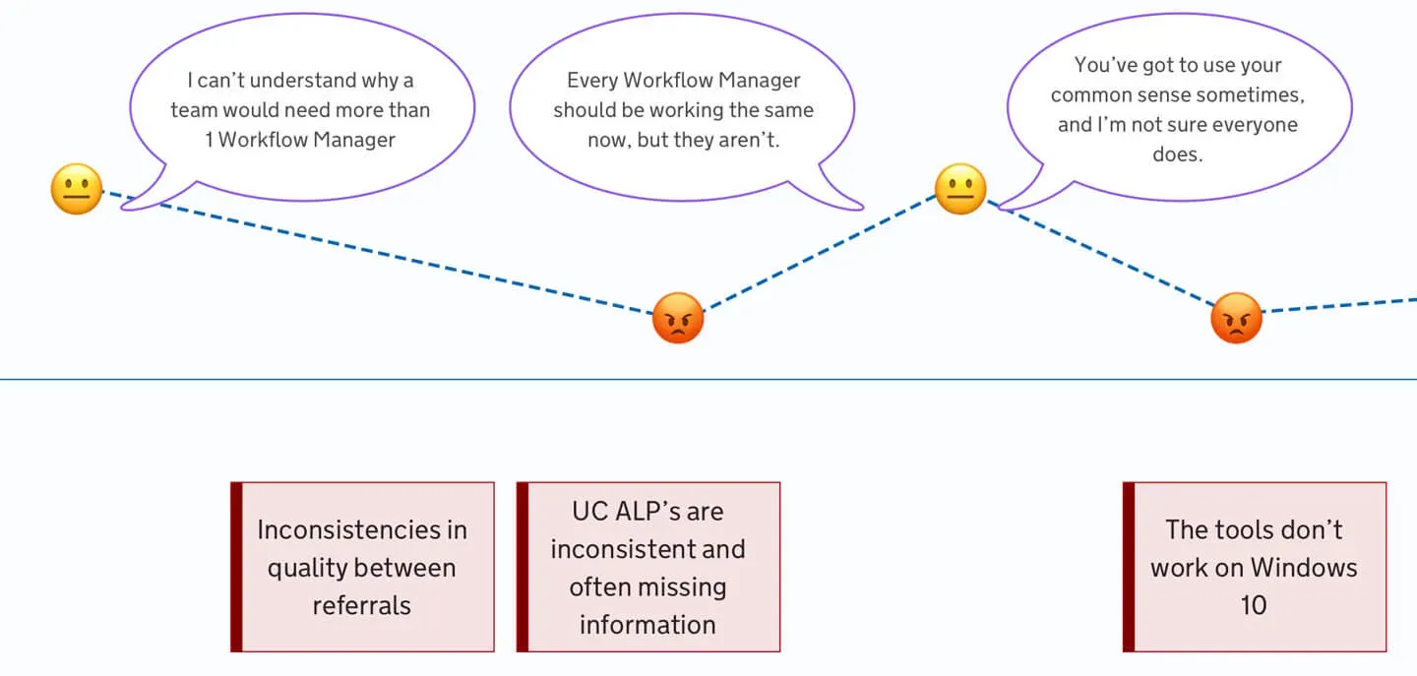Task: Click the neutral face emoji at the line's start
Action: point(77,189)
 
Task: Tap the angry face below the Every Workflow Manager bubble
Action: point(677,318)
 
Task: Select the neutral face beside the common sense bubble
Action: point(960,189)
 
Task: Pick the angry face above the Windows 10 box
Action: point(1236,318)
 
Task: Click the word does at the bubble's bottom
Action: point(1177,154)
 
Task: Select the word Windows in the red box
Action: point(1304,568)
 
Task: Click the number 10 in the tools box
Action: point(1254,606)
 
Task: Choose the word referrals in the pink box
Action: point(362,606)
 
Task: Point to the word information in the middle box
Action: point(647,625)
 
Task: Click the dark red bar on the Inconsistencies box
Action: point(236,567)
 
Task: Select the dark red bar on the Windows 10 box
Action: point(1129,567)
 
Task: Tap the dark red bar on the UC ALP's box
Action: point(523,567)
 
